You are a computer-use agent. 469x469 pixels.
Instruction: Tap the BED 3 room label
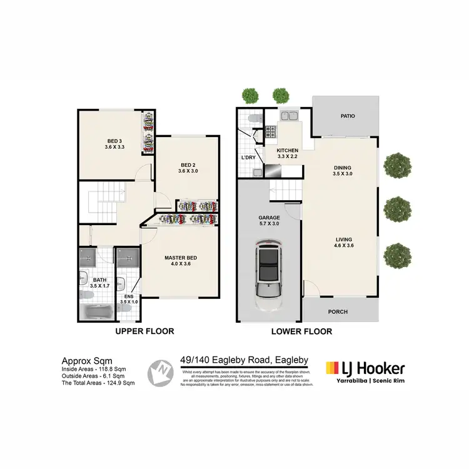[x=113, y=144]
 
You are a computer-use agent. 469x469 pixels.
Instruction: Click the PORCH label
[x=338, y=312]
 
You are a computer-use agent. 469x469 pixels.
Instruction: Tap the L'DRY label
[x=248, y=158]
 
